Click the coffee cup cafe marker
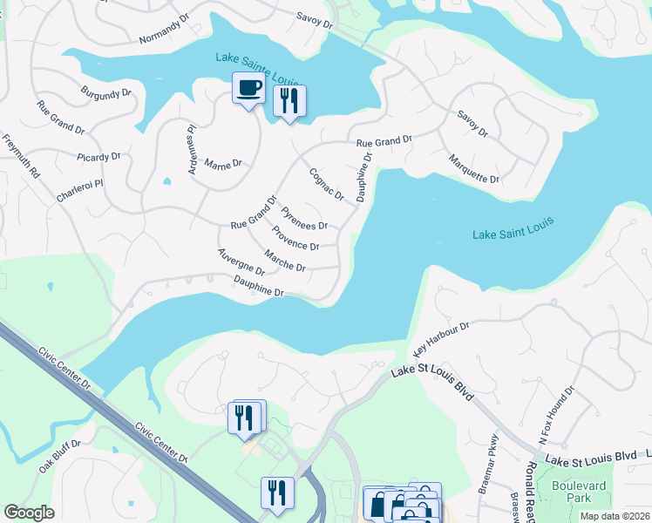(x=248, y=88)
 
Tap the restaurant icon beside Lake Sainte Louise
(x=289, y=100)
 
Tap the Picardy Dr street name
(x=98, y=157)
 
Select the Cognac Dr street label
(x=327, y=184)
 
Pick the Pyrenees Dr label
(x=303, y=218)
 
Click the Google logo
(x=29, y=513)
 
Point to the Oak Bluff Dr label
(x=59, y=456)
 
